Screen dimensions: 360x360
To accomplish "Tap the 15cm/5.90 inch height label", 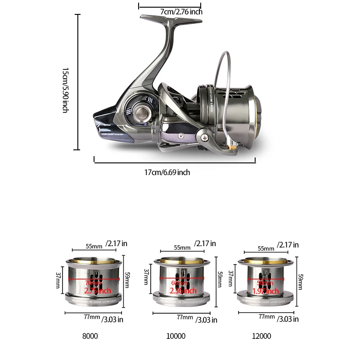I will pyautogui.click(x=65, y=90).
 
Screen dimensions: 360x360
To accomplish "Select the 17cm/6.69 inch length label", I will pyautogui.click(x=167, y=172).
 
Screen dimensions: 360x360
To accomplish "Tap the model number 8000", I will pyautogui.click(x=90, y=336).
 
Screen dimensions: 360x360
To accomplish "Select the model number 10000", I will pyautogui.click(x=176, y=336).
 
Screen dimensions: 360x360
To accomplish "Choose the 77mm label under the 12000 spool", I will pyautogui.click(x=266, y=317).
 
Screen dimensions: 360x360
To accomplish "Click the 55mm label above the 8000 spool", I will pyautogui.click(x=94, y=247).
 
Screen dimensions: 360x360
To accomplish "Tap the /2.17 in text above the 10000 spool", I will pyautogui.click(x=205, y=243).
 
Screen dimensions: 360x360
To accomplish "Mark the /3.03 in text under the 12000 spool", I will pyautogui.click(x=288, y=319).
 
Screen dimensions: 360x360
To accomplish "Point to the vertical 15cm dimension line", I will pyautogui.click(x=78, y=81).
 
